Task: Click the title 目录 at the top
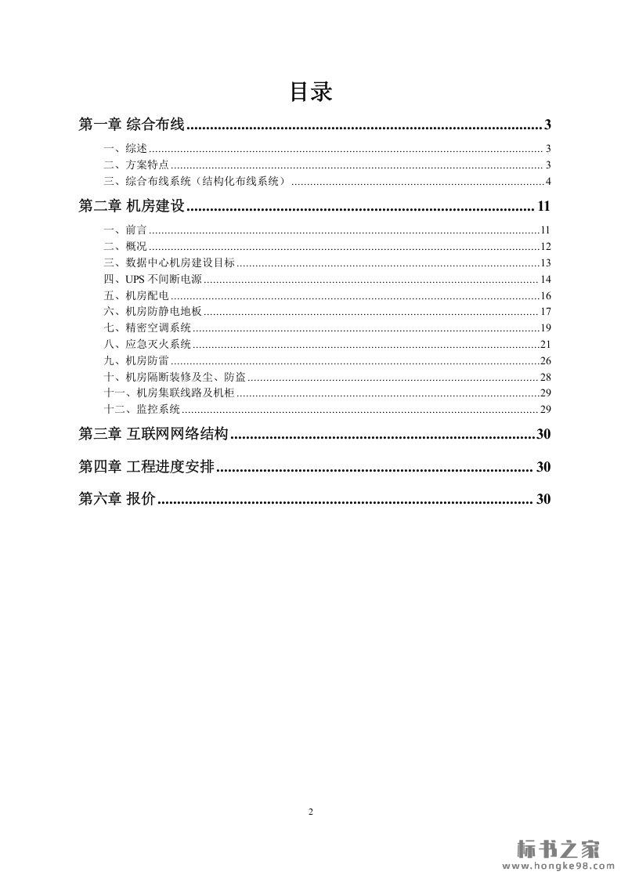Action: pyautogui.click(x=311, y=92)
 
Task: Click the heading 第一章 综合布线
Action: pyautogui.click(x=131, y=125)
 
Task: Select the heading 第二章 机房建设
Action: pyautogui.click(x=131, y=208)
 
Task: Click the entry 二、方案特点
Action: pyautogui.click(x=136, y=165)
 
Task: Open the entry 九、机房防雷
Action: pyautogui.click(x=136, y=361)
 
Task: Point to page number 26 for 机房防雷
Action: pyautogui.click(x=546, y=361)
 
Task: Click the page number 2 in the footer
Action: pyautogui.click(x=311, y=812)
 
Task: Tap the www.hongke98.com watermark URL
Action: pyautogui.click(x=558, y=866)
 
